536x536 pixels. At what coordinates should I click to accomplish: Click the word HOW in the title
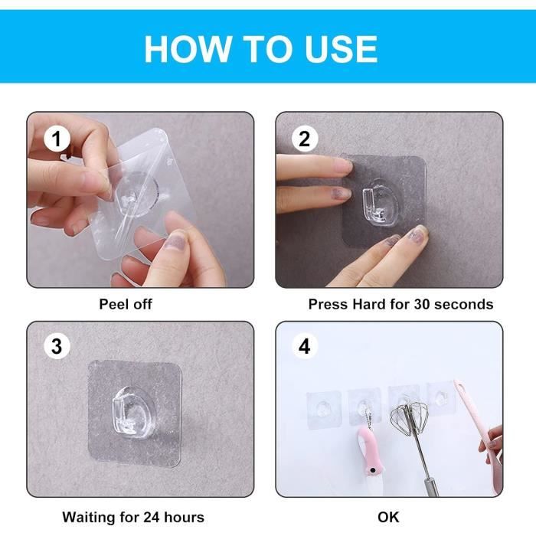coord(188,49)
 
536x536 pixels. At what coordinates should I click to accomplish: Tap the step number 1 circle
coord(57,139)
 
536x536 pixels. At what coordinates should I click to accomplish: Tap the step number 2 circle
coord(305,139)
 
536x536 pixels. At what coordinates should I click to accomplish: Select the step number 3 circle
coord(57,346)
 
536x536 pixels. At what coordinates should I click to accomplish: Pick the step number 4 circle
coord(305,346)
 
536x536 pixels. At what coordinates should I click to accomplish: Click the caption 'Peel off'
coord(126,304)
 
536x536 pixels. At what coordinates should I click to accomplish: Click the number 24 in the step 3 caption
coord(152,517)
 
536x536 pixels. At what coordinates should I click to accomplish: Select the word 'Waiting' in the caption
coord(87,517)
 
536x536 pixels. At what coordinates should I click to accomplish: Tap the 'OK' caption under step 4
coord(388,517)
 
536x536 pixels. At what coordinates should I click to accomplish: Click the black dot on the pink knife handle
coord(373,471)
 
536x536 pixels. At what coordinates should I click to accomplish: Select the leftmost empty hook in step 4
coord(324,408)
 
